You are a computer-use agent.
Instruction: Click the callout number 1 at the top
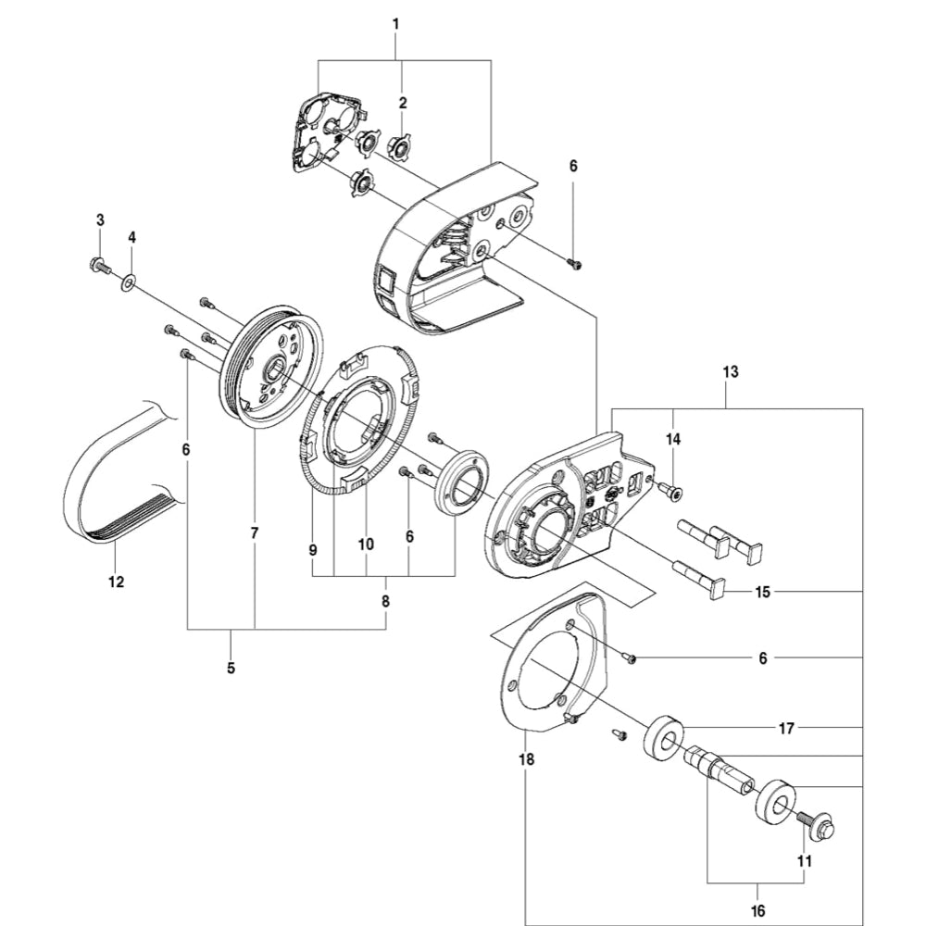coord(395,22)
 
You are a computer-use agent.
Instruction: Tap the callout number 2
coord(403,102)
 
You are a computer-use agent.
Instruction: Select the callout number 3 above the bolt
coord(100,219)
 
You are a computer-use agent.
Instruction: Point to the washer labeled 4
coord(127,279)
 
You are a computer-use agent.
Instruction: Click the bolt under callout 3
coord(98,265)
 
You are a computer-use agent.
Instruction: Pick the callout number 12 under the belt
coord(116,582)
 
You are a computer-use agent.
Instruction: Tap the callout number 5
coord(231,667)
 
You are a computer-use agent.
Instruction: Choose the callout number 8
coord(385,601)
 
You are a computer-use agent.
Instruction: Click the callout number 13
coord(731,372)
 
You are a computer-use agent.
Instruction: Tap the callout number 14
coord(673,437)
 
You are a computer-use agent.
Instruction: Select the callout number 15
coord(762,591)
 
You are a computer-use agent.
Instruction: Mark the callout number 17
coord(785,729)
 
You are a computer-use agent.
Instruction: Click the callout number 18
coord(526,760)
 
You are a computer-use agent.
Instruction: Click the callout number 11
coord(804,860)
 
